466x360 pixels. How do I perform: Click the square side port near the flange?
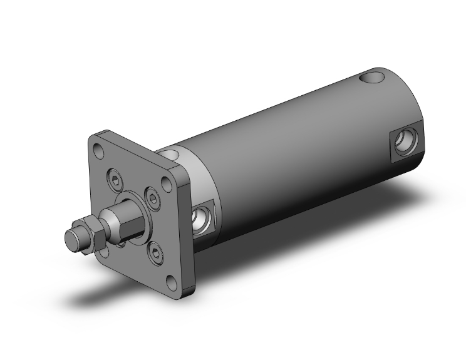tap(204, 217)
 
